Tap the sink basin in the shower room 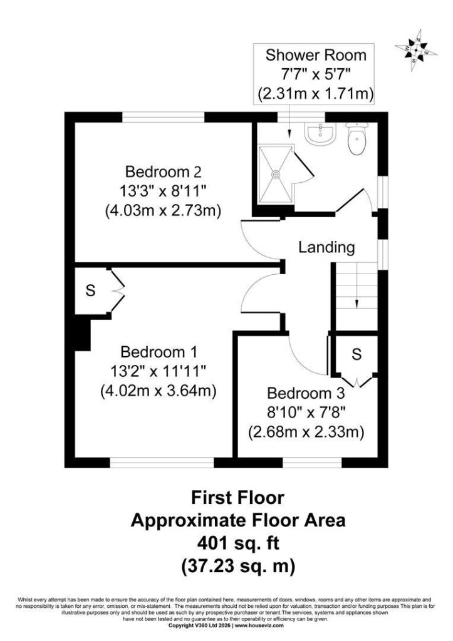click(x=321, y=133)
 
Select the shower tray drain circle click(x=276, y=174)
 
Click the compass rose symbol click(x=416, y=51)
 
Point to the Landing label click(x=326, y=247)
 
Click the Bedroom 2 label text click(x=164, y=172)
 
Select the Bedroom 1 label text click(x=159, y=352)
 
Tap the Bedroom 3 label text click(x=306, y=393)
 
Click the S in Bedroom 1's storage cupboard click(x=90, y=290)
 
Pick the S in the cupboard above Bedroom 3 click(x=357, y=354)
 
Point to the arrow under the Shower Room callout click(x=289, y=121)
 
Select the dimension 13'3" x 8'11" click(x=164, y=191)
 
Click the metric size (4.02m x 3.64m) click(x=159, y=391)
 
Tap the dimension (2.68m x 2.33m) click(x=306, y=432)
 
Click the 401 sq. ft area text click(x=238, y=543)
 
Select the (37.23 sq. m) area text click(x=238, y=567)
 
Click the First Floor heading click(x=237, y=498)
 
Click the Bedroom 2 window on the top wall click(x=164, y=117)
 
